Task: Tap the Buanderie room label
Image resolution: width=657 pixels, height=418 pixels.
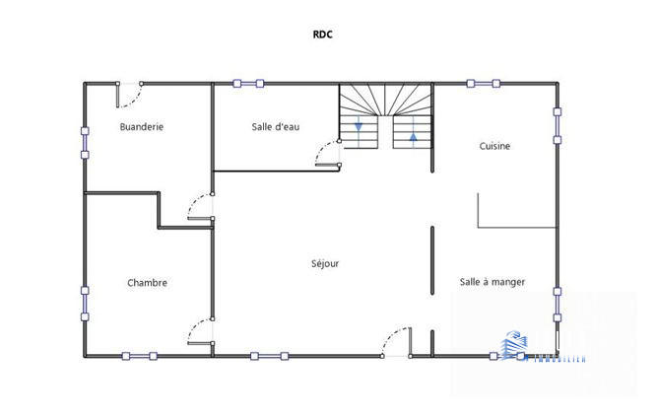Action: pos(141,126)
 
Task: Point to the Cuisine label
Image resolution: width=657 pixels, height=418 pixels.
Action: pos(494,146)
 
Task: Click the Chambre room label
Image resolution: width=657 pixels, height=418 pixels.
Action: pos(147,283)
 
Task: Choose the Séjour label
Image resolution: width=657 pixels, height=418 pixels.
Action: pos(325,263)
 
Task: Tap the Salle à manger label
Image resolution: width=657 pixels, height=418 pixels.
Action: pos(492,282)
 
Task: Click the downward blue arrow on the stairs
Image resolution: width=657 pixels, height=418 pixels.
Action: pos(360,126)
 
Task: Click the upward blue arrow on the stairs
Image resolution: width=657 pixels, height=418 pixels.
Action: pos(412,135)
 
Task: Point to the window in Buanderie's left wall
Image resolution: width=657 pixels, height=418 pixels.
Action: pos(85,141)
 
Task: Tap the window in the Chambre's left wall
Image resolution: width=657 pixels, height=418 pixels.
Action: pos(85,303)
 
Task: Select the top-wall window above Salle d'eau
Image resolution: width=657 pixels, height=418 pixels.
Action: pos(248,83)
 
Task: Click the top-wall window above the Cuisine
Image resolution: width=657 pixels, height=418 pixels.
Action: pos(484,83)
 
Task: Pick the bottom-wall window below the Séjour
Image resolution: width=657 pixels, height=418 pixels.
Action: pos(269,356)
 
